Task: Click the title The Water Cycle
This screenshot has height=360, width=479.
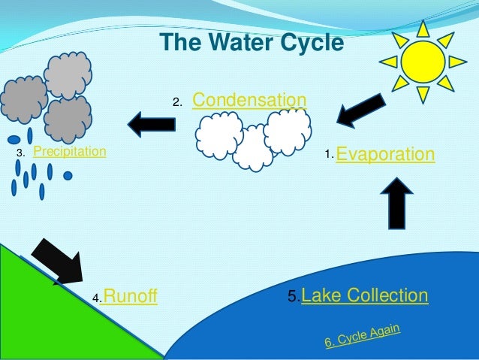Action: point(252,41)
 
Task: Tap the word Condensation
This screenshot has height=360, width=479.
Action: point(249,101)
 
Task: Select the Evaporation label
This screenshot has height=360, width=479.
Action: point(385,155)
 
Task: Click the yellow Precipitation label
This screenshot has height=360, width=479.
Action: point(70,152)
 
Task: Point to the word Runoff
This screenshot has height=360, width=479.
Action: point(129,297)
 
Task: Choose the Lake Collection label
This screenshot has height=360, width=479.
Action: point(365,295)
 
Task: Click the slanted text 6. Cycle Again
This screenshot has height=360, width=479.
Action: point(362,336)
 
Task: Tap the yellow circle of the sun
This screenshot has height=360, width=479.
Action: point(423,62)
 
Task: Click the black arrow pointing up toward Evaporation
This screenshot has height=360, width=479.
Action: point(397,202)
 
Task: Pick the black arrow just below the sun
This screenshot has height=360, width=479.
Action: point(360,110)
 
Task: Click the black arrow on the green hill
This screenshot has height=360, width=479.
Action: point(59,262)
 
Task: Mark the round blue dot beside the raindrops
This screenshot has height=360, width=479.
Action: point(68,176)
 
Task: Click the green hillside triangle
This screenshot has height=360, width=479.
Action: point(45,316)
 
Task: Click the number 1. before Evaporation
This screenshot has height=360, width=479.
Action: point(328,155)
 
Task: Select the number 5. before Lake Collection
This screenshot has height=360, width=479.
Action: point(294,296)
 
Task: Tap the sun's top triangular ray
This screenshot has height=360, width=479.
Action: point(423,29)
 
